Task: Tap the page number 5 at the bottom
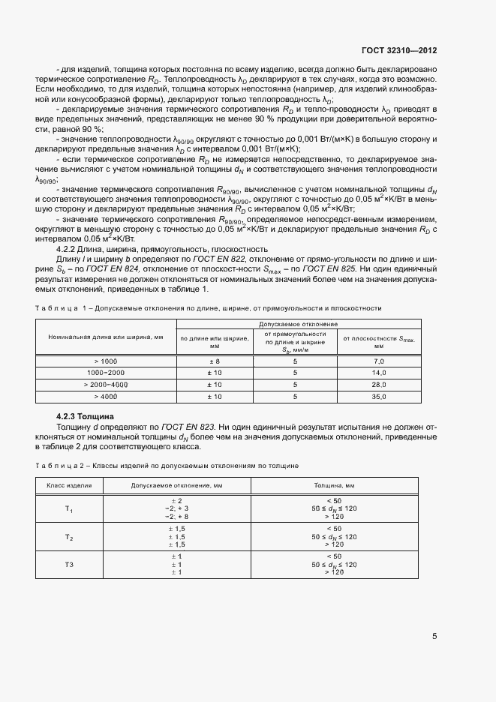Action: (434, 637)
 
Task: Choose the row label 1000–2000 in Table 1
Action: (106, 373)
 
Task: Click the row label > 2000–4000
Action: (106, 384)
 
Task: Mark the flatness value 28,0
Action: (379, 384)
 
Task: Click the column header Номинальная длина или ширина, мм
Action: (106, 337)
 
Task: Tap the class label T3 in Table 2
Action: (69, 563)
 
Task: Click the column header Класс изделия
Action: (69, 486)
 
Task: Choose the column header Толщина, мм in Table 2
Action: (334, 486)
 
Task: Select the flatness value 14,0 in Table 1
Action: (379, 373)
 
